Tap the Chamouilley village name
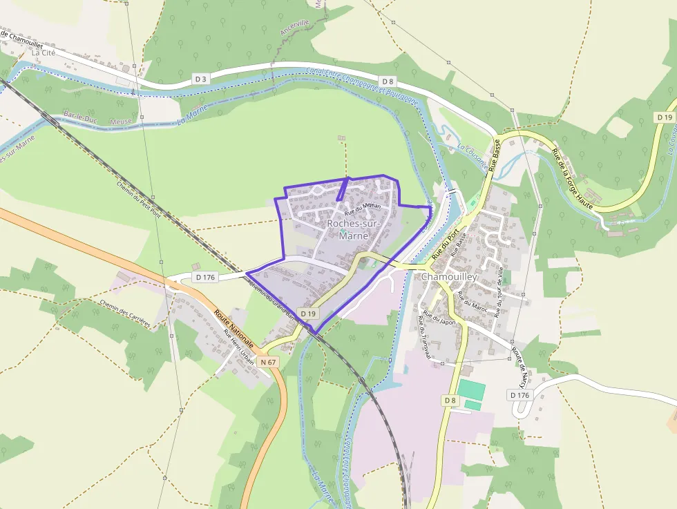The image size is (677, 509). coord(449,277)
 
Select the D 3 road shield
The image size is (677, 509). coord(200,79)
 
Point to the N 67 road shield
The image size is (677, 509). coord(268,362)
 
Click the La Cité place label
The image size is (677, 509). coord(44,52)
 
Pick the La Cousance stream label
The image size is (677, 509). coord(472,153)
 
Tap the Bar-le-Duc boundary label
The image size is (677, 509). coord(77,116)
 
